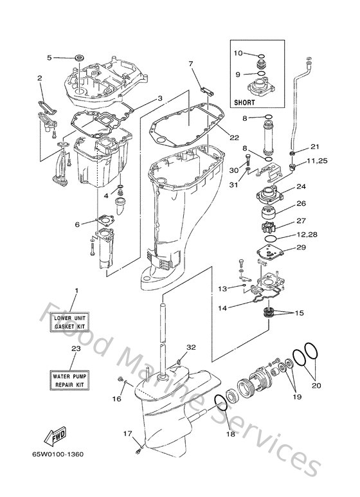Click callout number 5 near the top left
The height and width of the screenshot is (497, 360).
[x=49, y=57]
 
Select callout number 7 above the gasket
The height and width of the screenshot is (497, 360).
[x=191, y=64]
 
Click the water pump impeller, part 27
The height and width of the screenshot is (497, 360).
[x=269, y=226]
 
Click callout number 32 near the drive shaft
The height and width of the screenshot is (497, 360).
[x=190, y=347]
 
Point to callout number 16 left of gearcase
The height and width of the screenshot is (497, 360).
[x=117, y=399]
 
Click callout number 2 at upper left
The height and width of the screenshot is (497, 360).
[x=40, y=78]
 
